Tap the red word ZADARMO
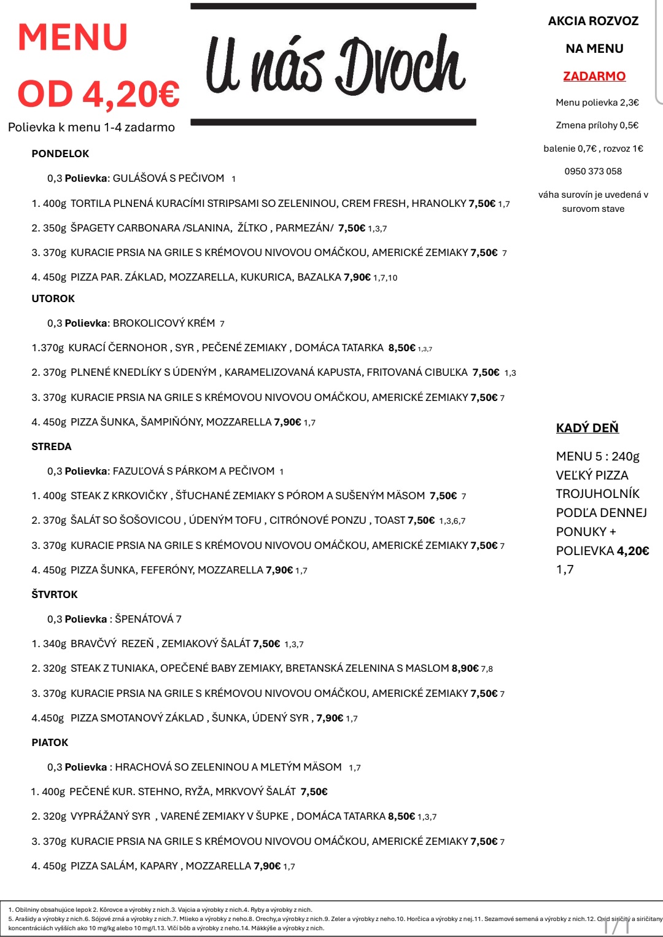(594, 76)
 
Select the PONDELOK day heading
(60, 154)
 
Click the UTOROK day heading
(53, 298)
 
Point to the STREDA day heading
(52, 446)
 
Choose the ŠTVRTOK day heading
(55, 594)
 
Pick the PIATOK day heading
(50, 742)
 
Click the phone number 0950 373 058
(593, 171)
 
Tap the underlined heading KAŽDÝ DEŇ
(587, 428)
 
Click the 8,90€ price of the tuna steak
(465, 668)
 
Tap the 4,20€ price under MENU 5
(633, 551)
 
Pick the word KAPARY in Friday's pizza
(159, 866)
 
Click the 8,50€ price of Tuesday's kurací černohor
(401, 348)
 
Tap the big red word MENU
(72, 37)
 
